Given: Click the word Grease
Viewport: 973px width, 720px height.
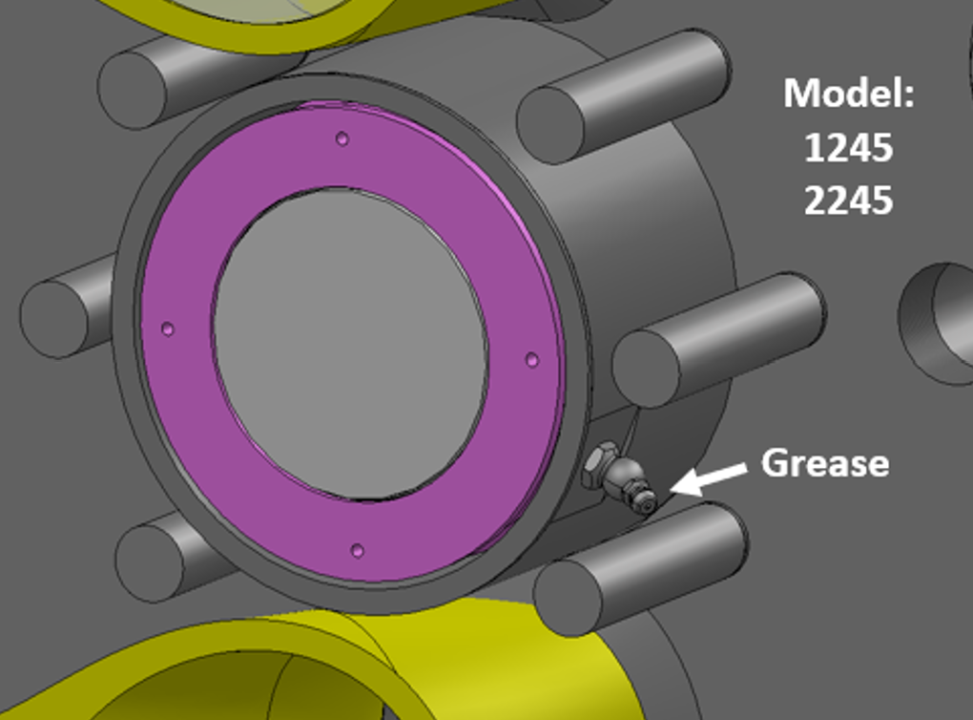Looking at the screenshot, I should [x=824, y=463].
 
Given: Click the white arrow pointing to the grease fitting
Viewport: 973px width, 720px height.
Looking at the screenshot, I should [x=710, y=477].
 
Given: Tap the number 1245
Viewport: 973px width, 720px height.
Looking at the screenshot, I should [x=848, y=147].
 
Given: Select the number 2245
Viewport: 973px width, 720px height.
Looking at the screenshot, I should [x=848, y=201].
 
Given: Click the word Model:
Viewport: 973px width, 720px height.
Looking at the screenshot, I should [x=848, y=94].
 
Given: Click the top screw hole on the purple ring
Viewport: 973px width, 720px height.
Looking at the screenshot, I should [x=342, y=138].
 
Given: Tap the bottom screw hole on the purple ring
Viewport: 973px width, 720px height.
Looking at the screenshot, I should [x=357, y=550].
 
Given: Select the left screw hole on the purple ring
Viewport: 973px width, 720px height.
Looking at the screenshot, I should [x=168, y=328].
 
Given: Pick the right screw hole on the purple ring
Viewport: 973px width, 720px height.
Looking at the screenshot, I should [x=531, y=359].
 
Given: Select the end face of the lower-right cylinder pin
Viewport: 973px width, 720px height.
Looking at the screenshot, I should [x=569, y=598].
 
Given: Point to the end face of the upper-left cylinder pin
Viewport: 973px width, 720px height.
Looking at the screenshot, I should [x=134, y=90].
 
